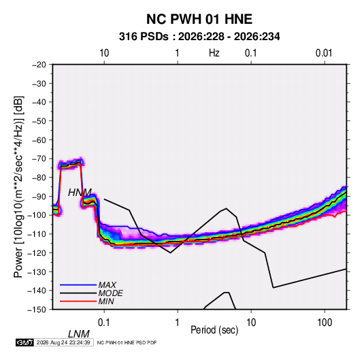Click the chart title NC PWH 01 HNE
[x=199, y=19]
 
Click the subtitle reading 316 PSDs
[x=144, y=37]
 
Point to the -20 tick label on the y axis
[x=39, y=65]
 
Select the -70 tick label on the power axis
[x=39, y=159]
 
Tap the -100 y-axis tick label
[x=37, y=215]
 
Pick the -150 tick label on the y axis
[x=37, y=310]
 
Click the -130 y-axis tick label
[x=37, y=272]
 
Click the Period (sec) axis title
[x=214, y=330]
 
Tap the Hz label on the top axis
[x=214, y=53]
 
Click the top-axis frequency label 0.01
[x=324, y=53]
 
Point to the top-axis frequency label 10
[x=104, y=53]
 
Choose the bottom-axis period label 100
[x=325, y=323]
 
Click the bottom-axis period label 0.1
[x=104, y=323]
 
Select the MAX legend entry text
[x=107, y=285]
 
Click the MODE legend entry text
[x=110, y=293]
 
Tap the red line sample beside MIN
[x=78, y=301]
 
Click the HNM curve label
[x=80, y=193]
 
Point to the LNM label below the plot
[x=79, y=334]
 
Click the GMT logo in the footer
[x=24, y=342]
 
